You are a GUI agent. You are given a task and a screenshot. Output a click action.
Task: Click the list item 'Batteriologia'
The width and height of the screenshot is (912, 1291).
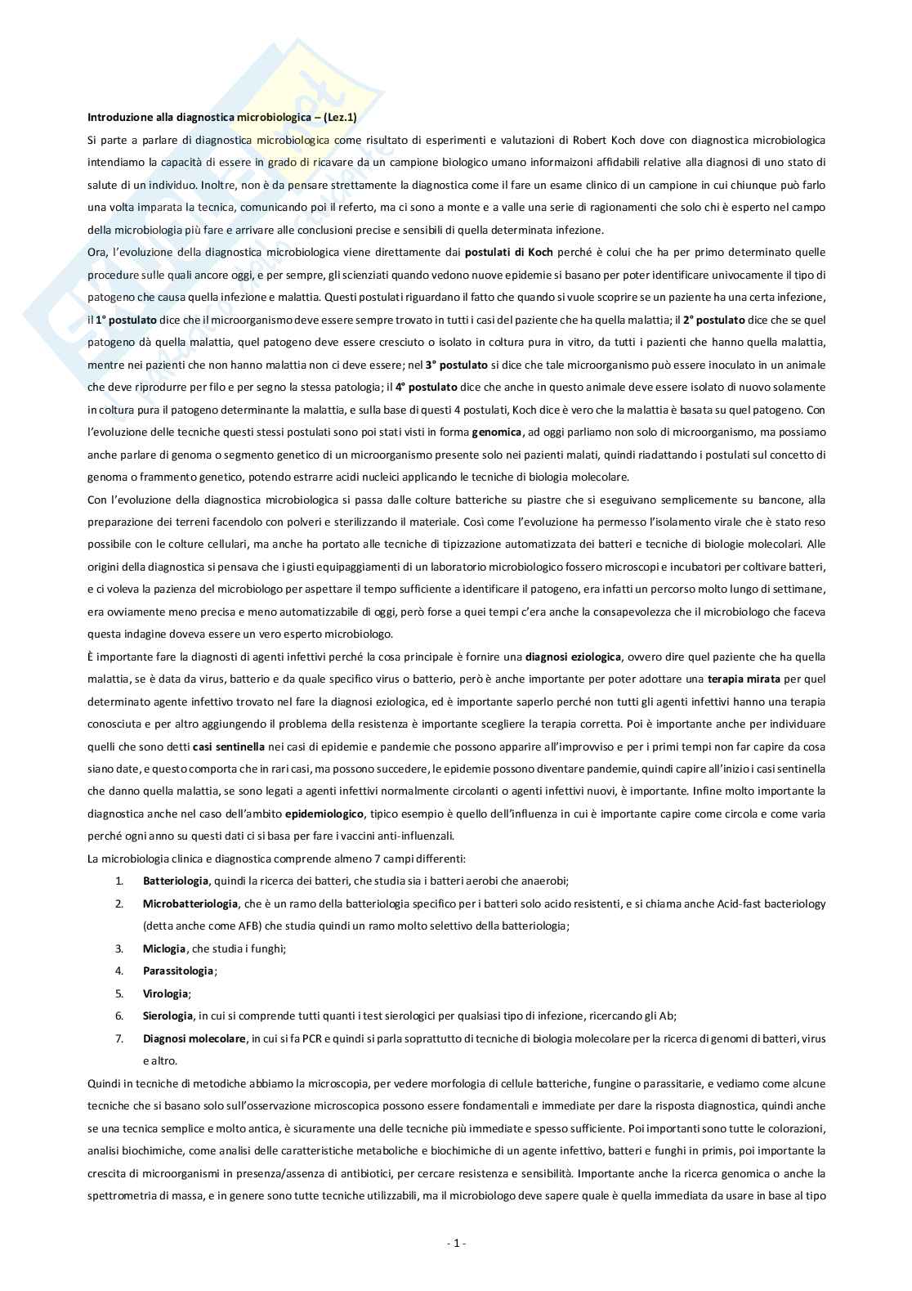tap(176, 881)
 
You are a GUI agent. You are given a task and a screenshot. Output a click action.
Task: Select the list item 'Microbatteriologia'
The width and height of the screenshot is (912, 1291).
tap(190, 903)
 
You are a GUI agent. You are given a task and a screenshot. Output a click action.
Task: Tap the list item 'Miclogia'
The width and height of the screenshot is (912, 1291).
tap(164, 948)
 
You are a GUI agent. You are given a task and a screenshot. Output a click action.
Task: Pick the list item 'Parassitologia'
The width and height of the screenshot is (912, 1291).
tap(178, 970)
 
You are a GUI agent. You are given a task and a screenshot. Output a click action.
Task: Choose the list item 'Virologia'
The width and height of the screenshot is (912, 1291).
tap(166, 993)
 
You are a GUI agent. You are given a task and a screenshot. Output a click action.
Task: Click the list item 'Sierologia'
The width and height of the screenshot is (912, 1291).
tap(168, 1015)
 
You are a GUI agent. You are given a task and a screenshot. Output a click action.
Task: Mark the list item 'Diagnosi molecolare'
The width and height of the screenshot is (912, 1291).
tap(194, 1038)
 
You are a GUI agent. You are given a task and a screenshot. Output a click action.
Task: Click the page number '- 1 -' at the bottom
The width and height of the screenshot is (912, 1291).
tap(456, 1244)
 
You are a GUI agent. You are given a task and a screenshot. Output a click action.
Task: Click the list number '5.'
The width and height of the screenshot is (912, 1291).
tap(119, 993)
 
